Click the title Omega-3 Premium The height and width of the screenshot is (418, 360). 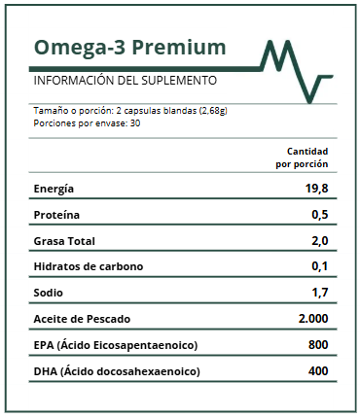(129, 48)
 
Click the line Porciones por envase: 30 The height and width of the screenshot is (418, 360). (87, 123)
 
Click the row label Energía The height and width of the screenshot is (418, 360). (54, 189)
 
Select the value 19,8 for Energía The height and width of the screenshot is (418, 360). (316, 189)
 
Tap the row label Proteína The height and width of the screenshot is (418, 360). (56, 215)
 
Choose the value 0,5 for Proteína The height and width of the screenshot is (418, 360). (319, 215)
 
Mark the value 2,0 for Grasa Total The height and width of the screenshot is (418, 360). (319, 241)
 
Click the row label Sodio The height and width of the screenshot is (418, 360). (49, 293)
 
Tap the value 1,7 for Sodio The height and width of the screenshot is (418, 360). (319, 293)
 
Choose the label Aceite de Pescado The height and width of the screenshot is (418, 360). (82, 319)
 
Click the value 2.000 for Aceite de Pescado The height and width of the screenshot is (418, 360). (313, 319)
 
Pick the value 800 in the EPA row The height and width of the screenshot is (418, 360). (317, 345)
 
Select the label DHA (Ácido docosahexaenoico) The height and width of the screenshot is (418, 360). (116, 371)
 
